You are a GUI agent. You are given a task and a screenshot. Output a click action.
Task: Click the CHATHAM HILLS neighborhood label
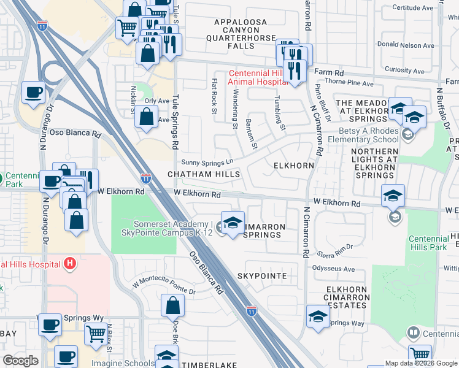204,175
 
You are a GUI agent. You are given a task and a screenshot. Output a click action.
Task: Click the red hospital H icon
70,264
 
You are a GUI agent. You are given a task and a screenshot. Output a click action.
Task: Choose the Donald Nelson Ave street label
406,45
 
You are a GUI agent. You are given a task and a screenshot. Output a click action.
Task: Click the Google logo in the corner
20,361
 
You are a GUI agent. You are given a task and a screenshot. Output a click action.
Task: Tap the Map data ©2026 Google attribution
420,363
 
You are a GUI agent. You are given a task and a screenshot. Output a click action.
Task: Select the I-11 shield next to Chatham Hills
146,179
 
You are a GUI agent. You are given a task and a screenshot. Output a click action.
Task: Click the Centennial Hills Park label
429,230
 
